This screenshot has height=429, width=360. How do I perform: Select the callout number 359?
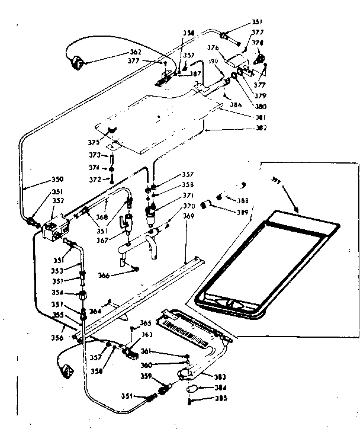(146, 376)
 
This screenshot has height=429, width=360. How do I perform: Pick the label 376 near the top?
(213, 47)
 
